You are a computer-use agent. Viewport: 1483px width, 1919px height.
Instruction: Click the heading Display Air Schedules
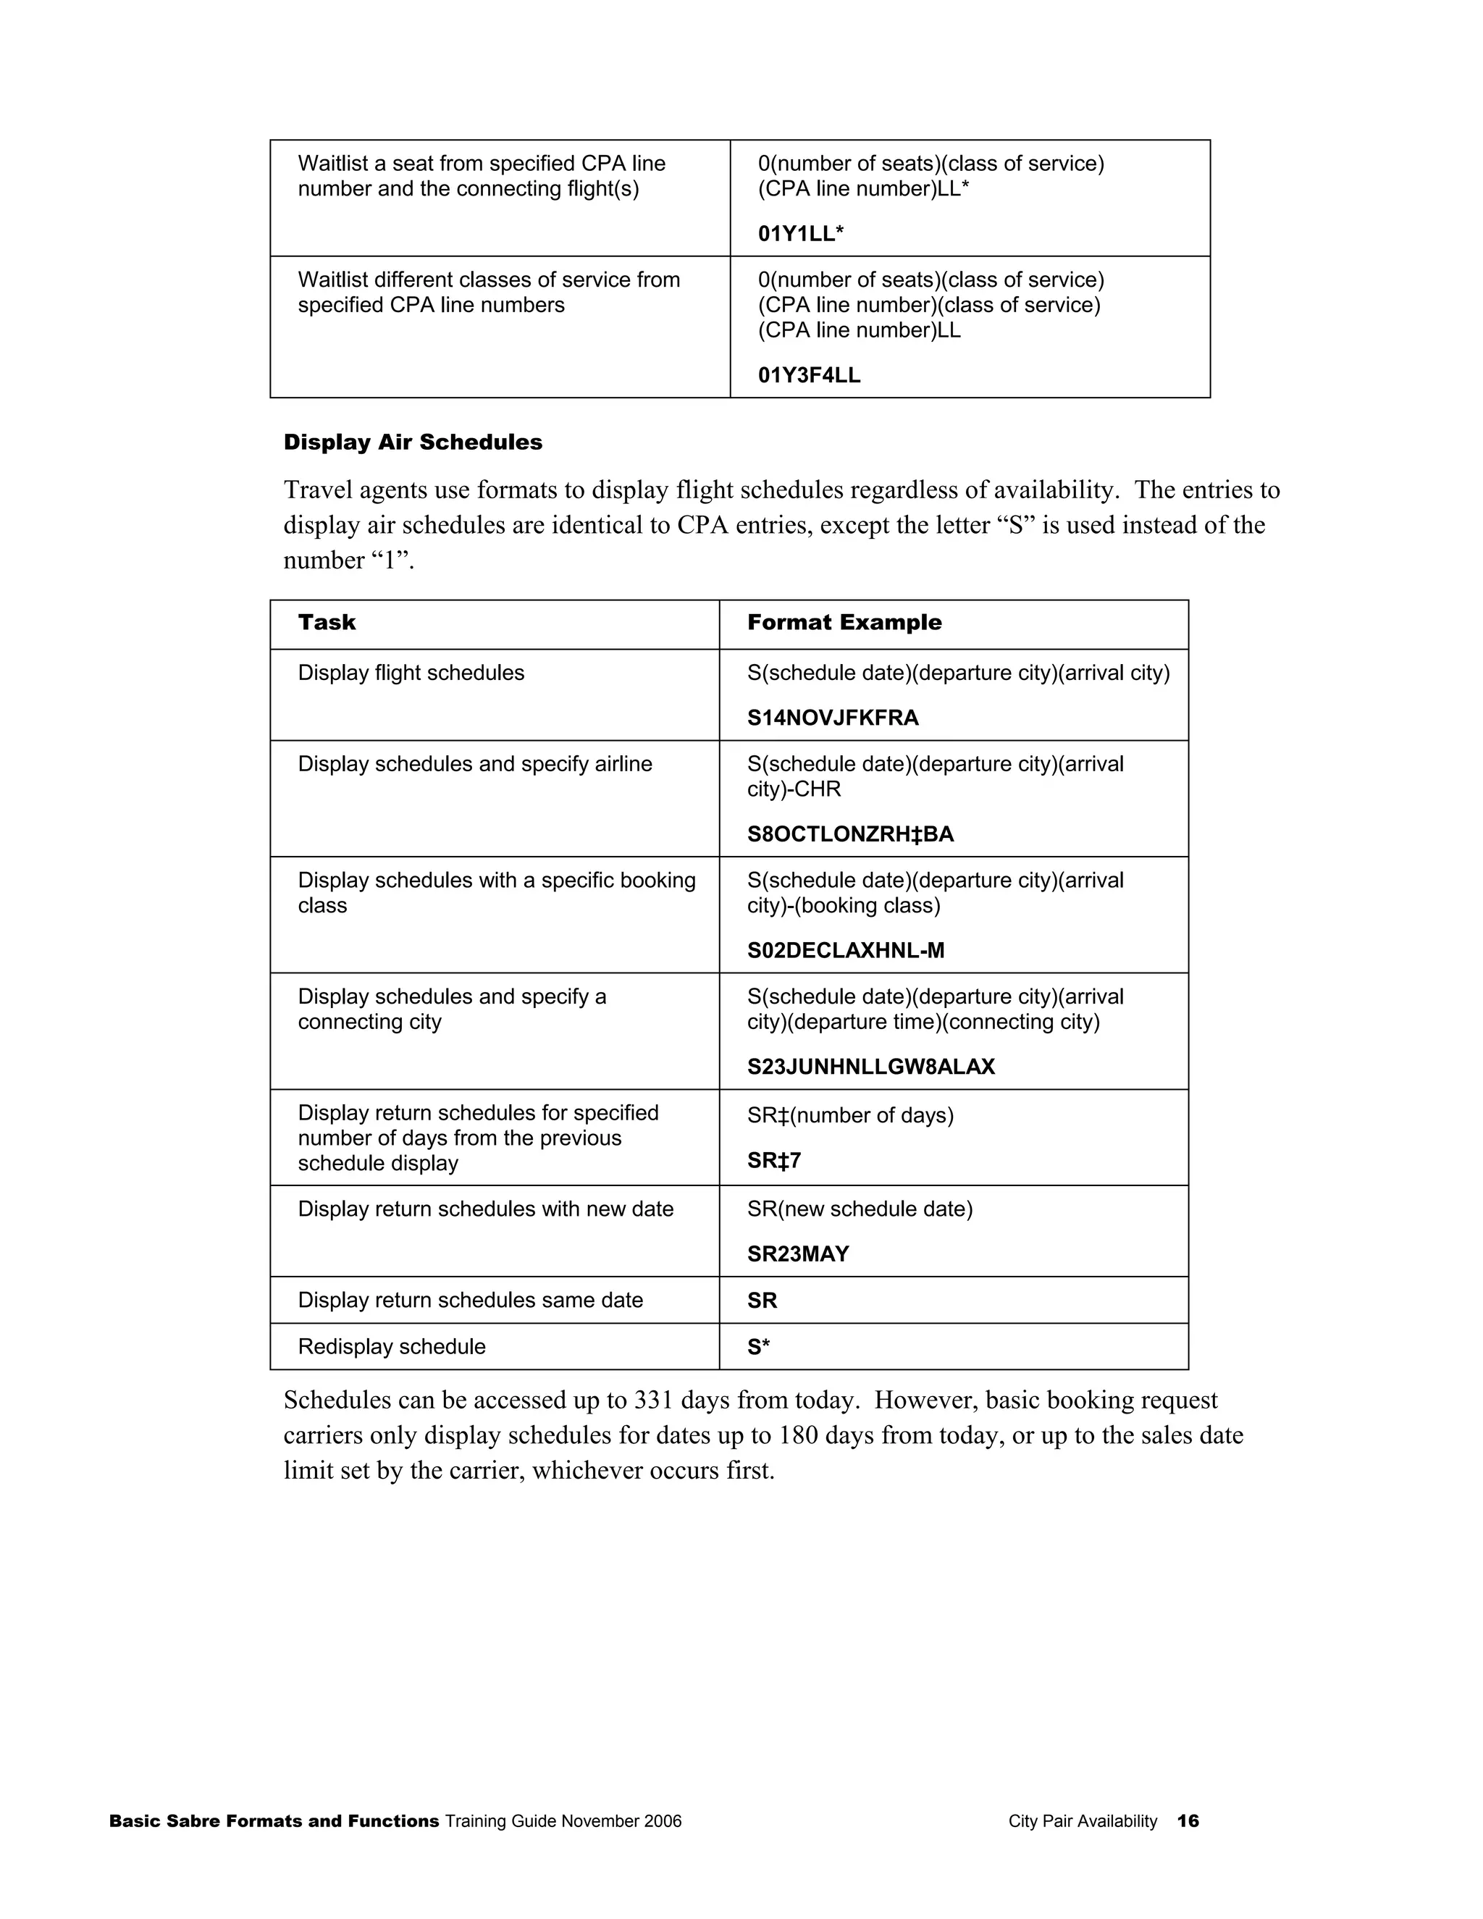412,442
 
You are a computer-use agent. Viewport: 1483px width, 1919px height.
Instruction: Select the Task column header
327,622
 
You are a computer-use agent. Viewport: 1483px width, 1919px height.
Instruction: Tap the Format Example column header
844,622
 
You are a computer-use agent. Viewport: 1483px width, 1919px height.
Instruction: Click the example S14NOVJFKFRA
832,718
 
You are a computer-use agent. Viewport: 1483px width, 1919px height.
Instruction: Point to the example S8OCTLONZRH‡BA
849,833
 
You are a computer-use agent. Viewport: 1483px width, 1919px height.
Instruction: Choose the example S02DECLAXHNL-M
845,950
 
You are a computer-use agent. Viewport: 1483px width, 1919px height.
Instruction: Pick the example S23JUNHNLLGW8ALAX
870,1067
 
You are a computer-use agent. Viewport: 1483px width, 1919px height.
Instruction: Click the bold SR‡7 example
773,1161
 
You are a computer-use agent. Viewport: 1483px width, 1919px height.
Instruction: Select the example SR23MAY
798,1254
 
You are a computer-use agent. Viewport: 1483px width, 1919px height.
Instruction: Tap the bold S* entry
758,1347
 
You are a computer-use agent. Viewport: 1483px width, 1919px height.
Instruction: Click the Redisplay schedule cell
391,1347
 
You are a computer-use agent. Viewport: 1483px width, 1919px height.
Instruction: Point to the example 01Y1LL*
800,234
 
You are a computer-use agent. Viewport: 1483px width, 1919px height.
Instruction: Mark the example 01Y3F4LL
809,375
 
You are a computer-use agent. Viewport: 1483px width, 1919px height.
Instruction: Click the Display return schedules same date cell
470,1301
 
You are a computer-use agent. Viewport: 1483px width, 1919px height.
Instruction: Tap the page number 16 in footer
1188,1821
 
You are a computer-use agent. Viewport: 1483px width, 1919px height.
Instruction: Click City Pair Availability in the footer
1083,1821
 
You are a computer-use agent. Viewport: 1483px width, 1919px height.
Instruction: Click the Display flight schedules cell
411,673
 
